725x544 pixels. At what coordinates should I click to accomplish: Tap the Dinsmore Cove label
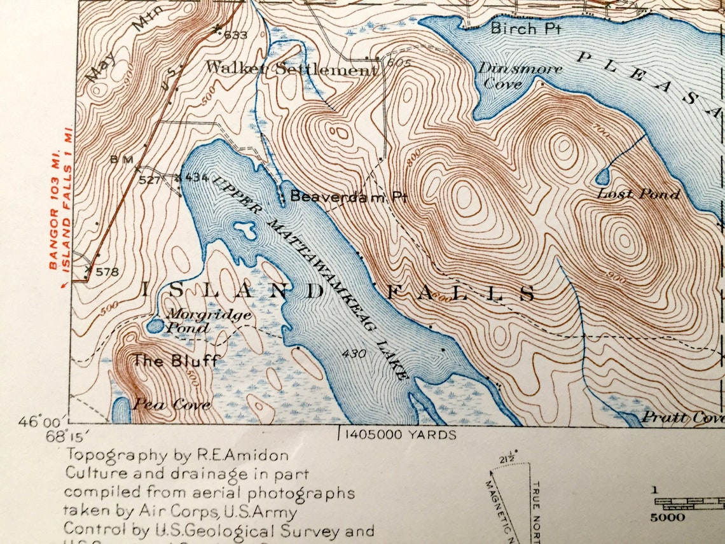[x=520, y=75]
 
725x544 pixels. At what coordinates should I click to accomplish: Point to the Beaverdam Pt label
[x=348, y=197]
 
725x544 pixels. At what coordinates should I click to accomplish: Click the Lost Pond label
[x=639, y=194]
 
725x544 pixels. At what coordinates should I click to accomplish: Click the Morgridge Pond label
[x=199, y=321]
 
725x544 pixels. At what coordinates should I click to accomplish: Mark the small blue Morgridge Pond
[x=155, y=325]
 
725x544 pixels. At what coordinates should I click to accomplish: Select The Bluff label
[x=175, y=361]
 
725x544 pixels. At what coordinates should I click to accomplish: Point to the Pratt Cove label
[x=683, y=417]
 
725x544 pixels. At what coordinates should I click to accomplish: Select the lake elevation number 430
[x=354, y=353]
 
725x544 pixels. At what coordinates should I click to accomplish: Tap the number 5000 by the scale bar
[x=667, y=517]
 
